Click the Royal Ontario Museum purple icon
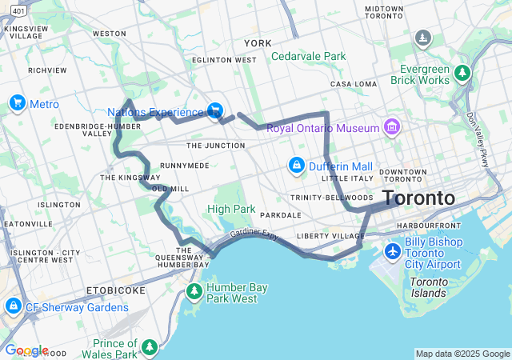point(391,126)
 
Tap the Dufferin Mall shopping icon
point(297,165)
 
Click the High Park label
point(231,210)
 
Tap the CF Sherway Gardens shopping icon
point(14,306)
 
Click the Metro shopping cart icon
point(17,103)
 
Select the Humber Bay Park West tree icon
point(194,289)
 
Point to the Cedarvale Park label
point(308,57)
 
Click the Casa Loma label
point(353,84)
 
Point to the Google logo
point(26,350)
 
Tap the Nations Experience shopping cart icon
point(214,110)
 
